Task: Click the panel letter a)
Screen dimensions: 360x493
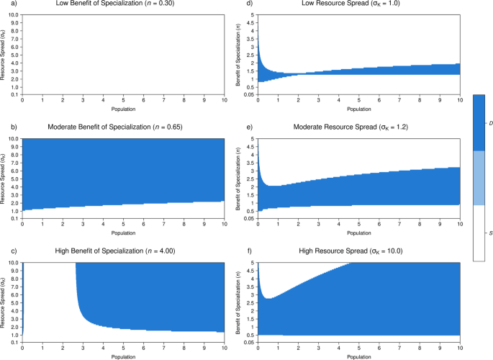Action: (4, 4)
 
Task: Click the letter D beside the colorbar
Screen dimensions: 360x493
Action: (490, 124)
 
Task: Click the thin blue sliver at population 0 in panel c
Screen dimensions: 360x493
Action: (23, 295)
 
